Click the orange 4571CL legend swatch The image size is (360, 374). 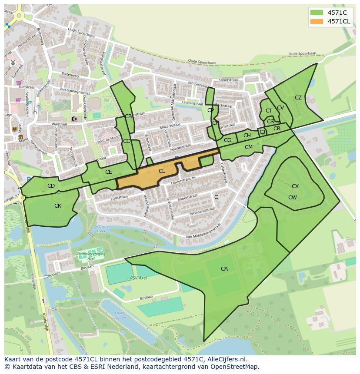[317, 21]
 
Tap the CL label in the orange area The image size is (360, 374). [162, 171]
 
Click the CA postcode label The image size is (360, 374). [224, 269]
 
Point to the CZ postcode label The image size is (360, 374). [298, 98]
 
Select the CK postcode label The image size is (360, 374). [58, 206]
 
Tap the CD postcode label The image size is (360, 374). [51, 186]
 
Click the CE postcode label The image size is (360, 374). [109, 172]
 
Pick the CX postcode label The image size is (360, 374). [295, 186]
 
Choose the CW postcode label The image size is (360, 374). [293, 198]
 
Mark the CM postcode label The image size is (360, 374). [249, 147]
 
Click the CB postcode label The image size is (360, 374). [128, 116]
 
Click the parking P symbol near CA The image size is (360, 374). [244, 248]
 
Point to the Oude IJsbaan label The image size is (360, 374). [120, 315]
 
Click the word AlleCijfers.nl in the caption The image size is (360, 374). [226, 359]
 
